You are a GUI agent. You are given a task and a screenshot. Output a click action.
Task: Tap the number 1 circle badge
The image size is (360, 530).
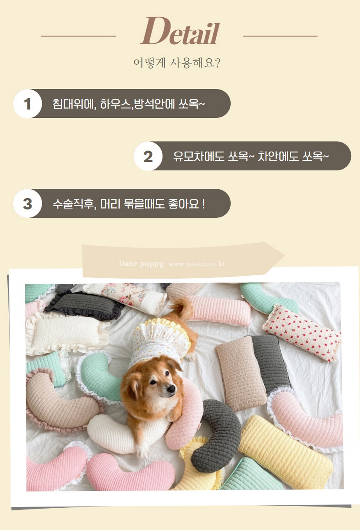pos(28,104)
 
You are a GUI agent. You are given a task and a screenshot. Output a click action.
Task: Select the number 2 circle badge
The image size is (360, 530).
pos(148,156)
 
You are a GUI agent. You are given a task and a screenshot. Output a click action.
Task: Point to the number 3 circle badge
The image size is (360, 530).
pos(28,203)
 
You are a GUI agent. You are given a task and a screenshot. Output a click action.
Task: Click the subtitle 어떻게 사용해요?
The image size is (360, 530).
pos(177,63)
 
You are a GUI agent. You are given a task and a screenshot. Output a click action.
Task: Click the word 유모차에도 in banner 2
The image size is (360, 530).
pos(199,156)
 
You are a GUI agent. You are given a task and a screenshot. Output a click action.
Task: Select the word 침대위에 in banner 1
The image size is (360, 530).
pos(73,104)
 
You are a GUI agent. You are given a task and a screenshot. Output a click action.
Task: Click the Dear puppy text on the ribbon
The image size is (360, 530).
pos(141,264)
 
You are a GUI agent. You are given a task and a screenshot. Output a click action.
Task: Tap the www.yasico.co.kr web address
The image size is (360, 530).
pos(197,264)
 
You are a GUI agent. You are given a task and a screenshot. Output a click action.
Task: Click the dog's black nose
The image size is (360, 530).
pos(172,389)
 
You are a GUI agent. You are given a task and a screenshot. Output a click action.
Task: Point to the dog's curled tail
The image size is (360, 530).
pos(181,307)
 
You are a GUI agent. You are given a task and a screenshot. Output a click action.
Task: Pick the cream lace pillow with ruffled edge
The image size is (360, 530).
pos(67,331)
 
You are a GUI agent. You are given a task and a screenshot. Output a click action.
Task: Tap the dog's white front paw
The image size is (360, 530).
pos(143,451)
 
